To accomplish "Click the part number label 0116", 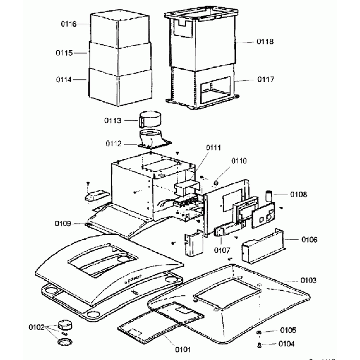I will coord(68,24).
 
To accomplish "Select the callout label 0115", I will coord(65,53).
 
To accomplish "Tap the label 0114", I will coord(65,79).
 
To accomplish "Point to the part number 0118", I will coord(265,42).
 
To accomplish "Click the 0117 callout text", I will coord(265,79).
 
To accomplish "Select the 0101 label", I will coord(182,349).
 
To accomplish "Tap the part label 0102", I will coord(37,326).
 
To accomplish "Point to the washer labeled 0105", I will coord(259,331).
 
